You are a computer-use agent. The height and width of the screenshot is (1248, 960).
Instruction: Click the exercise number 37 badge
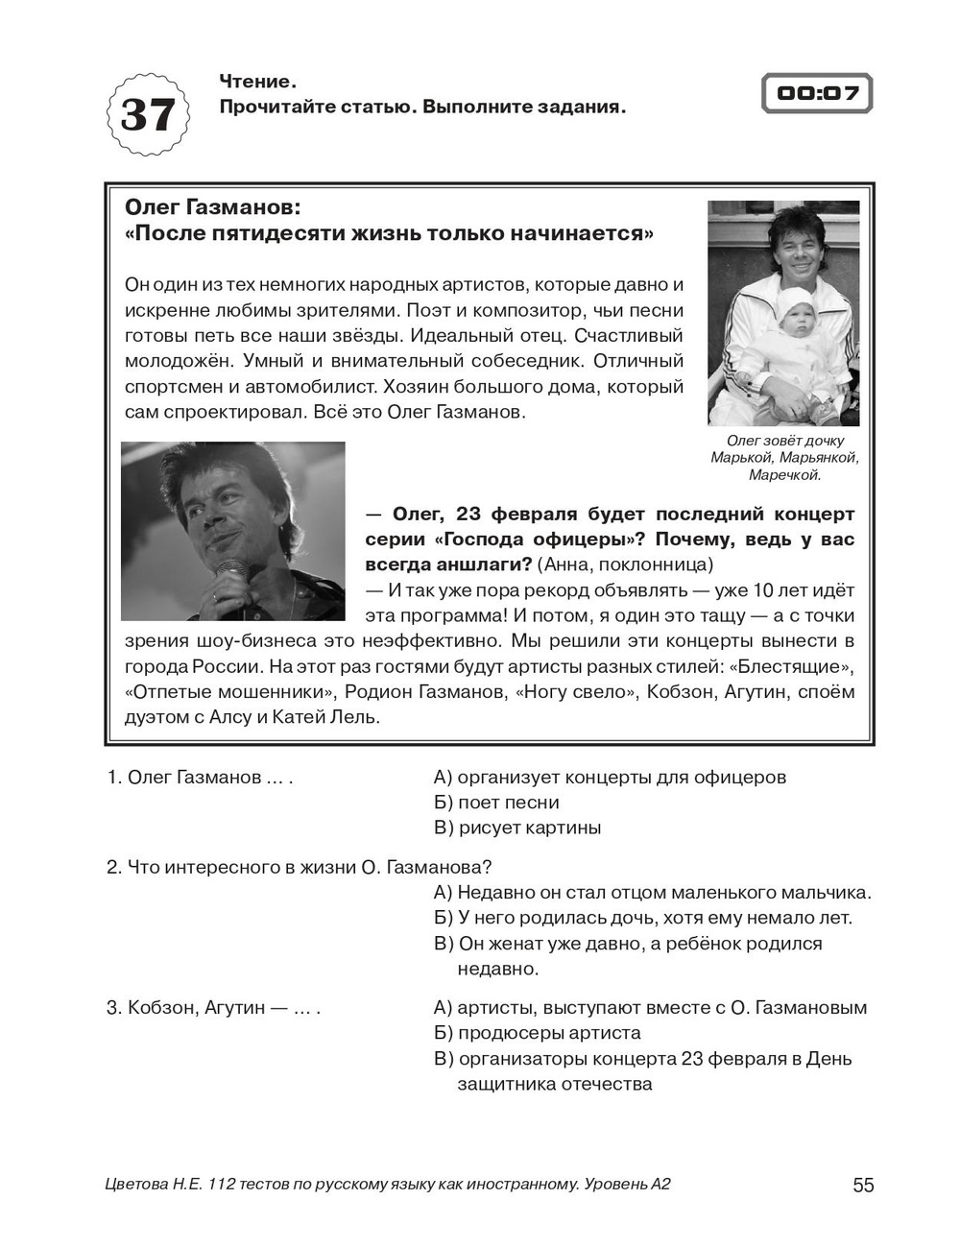pyautogui.click(x=147, y=115)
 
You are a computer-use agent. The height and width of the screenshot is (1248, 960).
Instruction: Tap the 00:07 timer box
pyautogui.click(x=816, y=94)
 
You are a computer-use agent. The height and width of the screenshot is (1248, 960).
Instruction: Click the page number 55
pyautogui.click(x=863, y=1185)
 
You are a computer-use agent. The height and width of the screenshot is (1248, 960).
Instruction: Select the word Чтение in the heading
pyautogui.click(x=254, y=82)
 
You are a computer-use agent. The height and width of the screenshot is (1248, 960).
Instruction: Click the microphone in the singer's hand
pyautogui.click(x=230, y=576)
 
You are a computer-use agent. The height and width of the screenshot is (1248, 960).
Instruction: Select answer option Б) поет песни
pyautogui.click(x=496, y=803)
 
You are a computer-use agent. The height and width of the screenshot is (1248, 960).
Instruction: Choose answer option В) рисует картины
pyautogui.click(x=517, y=828)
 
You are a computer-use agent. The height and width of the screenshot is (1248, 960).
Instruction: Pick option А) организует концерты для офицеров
pyautogui.click(x=610, y=777)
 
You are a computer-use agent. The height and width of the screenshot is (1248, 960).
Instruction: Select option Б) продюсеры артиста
pyautogui.click(x=538, y=1033)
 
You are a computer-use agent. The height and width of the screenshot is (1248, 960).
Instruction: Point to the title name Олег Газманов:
pyautogui.click(x=213, y=207)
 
